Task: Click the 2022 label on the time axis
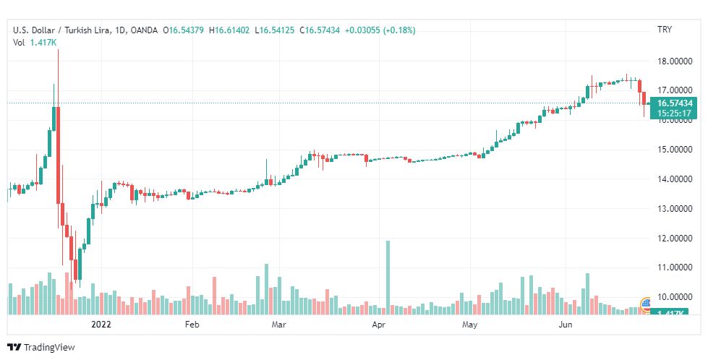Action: [101, 325]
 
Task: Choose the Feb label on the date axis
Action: [192, 325]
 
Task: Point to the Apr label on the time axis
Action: [378, 325]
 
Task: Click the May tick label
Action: [471, 325]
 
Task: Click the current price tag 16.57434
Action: [674, 103]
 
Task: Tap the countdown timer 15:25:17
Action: [674, 113]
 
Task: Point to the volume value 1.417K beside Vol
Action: [43, 42]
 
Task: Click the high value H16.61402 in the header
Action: [231, 30]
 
